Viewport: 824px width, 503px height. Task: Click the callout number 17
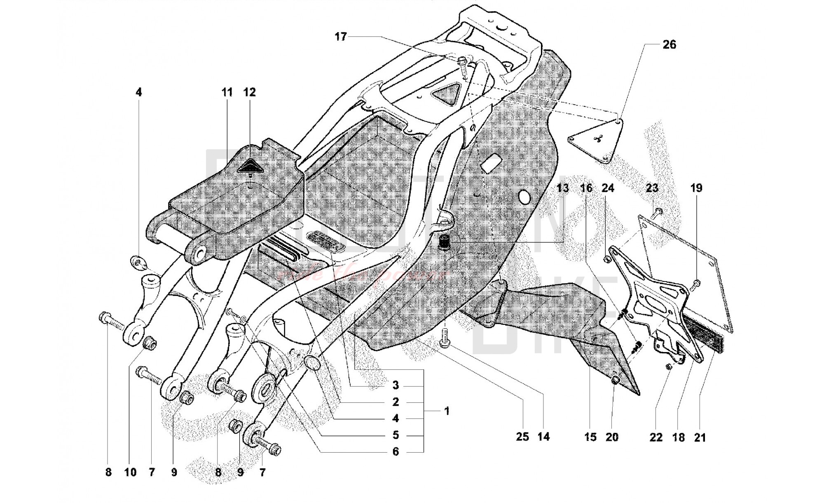[340, 37]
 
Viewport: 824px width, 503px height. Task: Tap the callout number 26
[669, 44]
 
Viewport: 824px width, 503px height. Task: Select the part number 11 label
[227, 92]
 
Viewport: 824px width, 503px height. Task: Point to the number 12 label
[249, 92]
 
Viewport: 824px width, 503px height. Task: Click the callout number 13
[562, 188]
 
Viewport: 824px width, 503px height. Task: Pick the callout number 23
[652, 188]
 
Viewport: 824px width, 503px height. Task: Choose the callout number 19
[696, 188]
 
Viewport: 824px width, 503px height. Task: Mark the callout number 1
[447, 411]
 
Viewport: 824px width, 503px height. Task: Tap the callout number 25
[522, 437]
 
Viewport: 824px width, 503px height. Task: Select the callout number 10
[130, 472]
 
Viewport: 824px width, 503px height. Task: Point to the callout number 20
[612, 437]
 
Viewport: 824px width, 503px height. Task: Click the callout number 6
[396, 451]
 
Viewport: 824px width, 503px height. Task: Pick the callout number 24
[608, 188]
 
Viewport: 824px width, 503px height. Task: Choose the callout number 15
[590, 437]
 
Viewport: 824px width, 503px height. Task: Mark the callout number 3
[396, 385]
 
